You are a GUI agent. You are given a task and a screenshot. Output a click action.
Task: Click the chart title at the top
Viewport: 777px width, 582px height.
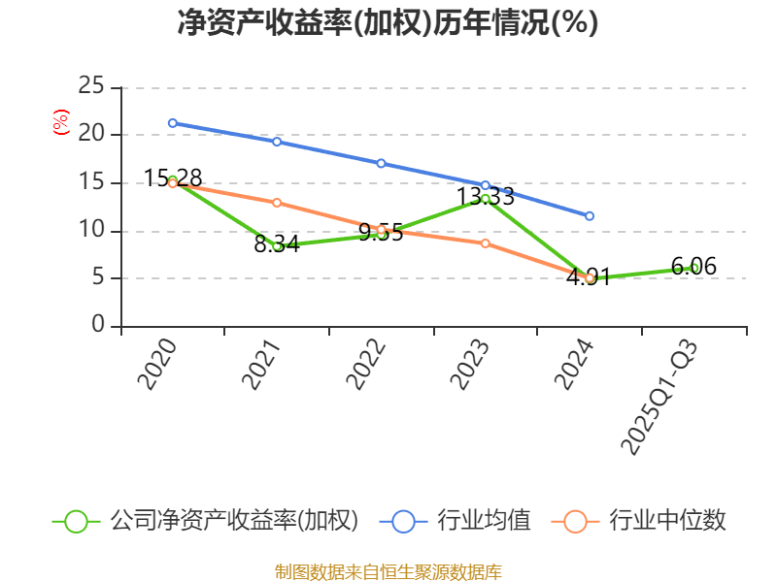coord(388,22)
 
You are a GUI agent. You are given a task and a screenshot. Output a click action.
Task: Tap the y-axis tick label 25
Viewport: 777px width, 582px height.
coord(91,86)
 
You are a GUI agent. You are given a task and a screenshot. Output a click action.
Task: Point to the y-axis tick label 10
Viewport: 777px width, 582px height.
coord(91,230)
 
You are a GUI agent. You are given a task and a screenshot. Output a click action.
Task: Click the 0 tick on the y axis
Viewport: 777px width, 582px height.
coord(98,325)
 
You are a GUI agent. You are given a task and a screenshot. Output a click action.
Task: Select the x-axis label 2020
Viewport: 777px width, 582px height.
coord(157,364)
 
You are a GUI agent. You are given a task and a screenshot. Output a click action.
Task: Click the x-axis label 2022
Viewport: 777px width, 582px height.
coord(366,364)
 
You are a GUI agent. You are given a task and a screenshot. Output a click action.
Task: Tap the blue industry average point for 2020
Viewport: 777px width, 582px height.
coord(172,123)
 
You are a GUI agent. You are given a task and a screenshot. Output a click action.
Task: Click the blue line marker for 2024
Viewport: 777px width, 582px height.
coord(590,215)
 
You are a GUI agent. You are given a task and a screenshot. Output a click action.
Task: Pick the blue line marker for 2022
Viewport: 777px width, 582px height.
coord(381,163)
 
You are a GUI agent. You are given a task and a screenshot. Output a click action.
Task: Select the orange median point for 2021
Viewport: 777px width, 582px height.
coord(277,203)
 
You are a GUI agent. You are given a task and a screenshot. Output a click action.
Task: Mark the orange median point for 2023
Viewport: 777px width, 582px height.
coord(486,242)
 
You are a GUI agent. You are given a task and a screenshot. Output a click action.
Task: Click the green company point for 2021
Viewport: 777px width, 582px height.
coord(277,246)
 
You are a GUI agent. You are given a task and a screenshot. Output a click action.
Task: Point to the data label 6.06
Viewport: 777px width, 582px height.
coord(693,266)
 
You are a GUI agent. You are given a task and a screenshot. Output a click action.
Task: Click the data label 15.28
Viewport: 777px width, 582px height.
coord(173,178)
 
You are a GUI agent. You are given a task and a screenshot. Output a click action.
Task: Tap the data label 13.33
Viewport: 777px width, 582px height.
coord(486,196)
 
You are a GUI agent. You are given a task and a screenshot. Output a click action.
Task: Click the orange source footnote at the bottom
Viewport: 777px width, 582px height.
coord(388,571)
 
